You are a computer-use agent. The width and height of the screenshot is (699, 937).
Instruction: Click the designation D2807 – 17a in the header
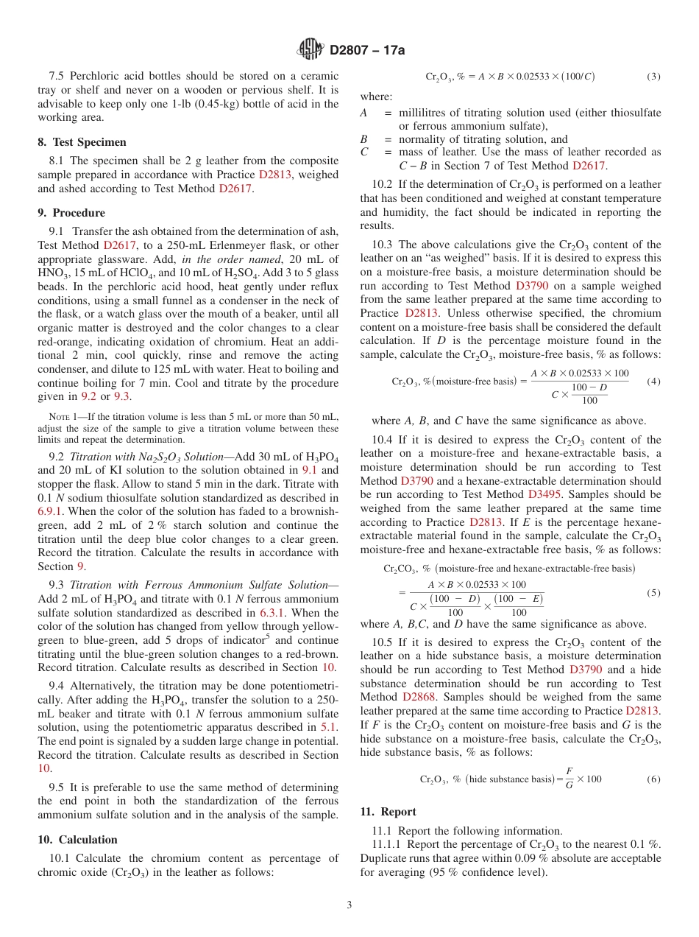point(367,50)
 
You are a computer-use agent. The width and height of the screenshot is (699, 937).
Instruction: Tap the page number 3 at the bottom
point(349,905)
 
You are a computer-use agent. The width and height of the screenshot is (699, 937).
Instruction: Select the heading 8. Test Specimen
point(82,142)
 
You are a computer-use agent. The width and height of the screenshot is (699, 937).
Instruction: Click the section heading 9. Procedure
point(71,213)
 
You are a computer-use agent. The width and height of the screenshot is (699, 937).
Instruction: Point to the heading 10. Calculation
point(77,840)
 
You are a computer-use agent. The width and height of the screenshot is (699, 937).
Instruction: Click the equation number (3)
point(653,77)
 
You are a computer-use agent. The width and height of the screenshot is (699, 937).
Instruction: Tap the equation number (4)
point(653,382)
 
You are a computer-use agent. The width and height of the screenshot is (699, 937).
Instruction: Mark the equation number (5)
point(653,593)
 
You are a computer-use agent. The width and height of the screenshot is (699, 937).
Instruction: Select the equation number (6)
point(653,779)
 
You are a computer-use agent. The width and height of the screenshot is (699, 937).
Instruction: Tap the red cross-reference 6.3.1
point(272,612)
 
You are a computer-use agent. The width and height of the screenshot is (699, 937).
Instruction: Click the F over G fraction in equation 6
point(569,779)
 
